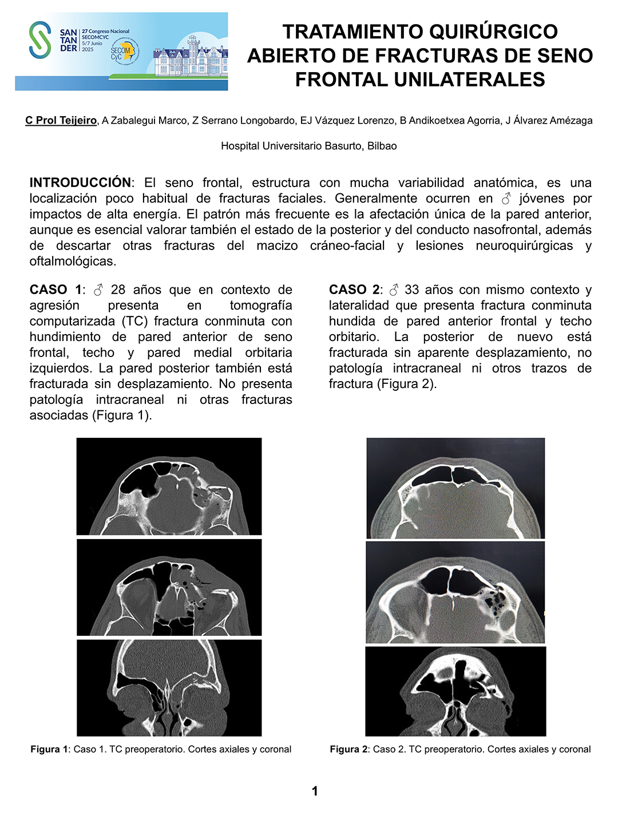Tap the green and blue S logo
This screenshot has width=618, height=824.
coord(40,40)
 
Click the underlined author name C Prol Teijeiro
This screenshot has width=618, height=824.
coord(61,120)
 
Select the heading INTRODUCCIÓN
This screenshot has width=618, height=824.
coord(80,183)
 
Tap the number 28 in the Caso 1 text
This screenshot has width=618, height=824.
coord(118,290)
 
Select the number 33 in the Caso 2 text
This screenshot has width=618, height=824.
coord(412,290)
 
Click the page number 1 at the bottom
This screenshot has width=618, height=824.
coord(315,791)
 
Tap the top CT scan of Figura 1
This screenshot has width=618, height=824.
coord(169,486)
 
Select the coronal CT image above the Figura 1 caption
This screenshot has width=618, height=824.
coord(169,688)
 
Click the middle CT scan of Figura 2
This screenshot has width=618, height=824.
coord(455,592)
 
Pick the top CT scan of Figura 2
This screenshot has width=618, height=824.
coord(455,488)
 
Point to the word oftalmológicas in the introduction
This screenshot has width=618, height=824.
coord(72,262)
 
